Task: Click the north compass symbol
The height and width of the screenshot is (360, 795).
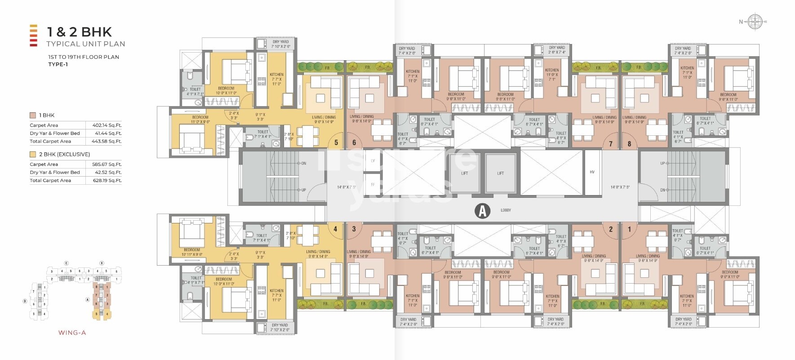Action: tap(755, 22)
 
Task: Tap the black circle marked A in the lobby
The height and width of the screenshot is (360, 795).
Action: tap(482, 210)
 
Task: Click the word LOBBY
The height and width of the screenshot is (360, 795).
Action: tap(506, 210)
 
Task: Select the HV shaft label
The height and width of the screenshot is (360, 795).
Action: tap(592, 172)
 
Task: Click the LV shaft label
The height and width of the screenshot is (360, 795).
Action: tap(373, 160)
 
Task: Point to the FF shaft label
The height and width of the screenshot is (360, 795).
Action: tap(373, 185)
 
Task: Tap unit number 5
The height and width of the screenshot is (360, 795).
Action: tap(336, 143)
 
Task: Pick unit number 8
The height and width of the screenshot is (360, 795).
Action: tap(629, 144)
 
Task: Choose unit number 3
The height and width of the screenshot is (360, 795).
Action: tap(354, 229)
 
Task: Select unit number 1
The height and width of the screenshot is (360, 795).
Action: tap(629, 229)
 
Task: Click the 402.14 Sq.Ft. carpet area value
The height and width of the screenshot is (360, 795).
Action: tap(107, 125)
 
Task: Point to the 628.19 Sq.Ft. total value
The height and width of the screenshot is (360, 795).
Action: tap(107, 181)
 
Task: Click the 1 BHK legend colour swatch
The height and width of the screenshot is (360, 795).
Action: tap(33, 116)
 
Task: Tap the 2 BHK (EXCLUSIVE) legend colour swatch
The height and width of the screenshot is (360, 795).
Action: tap(33, 154)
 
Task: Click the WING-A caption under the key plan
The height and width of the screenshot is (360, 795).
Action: tap(72, 333)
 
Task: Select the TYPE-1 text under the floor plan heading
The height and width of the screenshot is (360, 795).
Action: tap(58, 64)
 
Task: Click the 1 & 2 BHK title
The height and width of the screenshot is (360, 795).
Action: tap(80, 32)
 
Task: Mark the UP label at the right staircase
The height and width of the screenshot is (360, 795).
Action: tap(662, 163)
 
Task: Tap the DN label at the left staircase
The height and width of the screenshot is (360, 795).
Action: tap(303, 163)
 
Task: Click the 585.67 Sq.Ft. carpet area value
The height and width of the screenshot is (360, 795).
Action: tap(107, 164)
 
